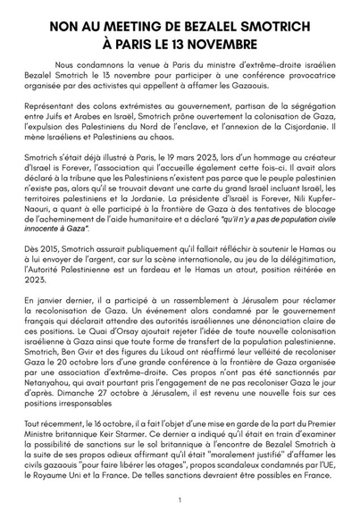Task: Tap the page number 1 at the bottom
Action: tap(180, 500)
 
